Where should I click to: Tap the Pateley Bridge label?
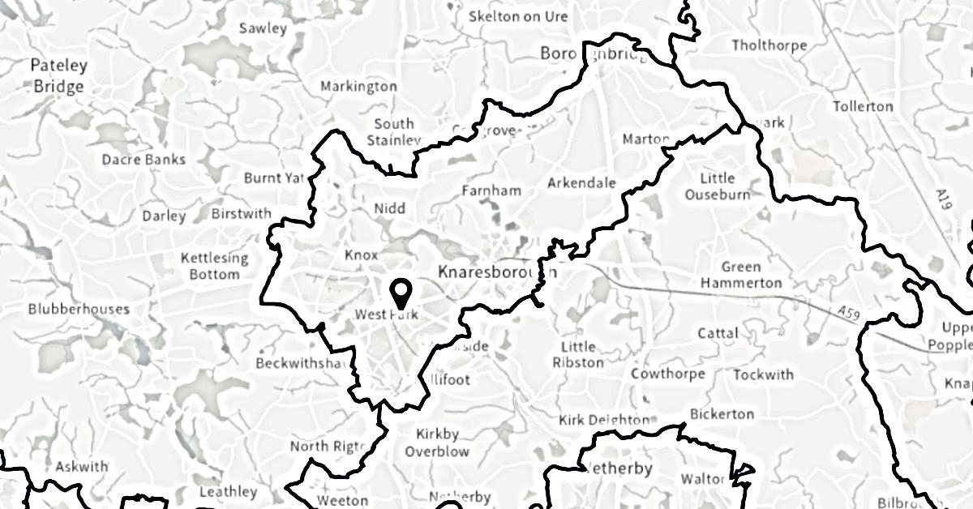click(59, 75)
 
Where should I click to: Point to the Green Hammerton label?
click(741, 275)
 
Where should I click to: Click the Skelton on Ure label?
click(518, 16)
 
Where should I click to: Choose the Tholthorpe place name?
click(769, 45)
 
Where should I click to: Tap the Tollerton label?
click(863, 106)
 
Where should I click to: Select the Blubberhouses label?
click(79, 309)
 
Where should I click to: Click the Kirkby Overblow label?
click(437, 443)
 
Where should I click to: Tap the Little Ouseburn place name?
click(717, 186)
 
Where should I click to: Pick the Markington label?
click(358, 86)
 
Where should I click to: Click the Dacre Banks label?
click(144, 159)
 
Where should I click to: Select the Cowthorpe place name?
click(668, 374)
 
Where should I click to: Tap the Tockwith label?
click(763, 374)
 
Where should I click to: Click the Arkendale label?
click(581, 183)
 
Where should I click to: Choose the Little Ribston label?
click(577, 354)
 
